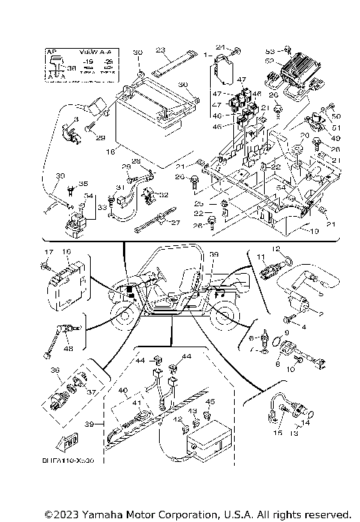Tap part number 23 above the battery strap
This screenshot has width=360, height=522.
click(160, 49)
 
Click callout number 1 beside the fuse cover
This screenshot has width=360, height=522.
click(208, 55)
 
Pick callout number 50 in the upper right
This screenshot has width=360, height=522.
click(336, 116)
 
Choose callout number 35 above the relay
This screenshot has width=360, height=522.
click(83, 184)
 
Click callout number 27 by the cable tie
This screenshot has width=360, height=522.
click(176, 223)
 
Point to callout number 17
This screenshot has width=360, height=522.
click(46, 252)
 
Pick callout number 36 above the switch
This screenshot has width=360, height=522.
click(53, 370)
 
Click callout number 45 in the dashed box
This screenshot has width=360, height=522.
click(210, 402)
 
